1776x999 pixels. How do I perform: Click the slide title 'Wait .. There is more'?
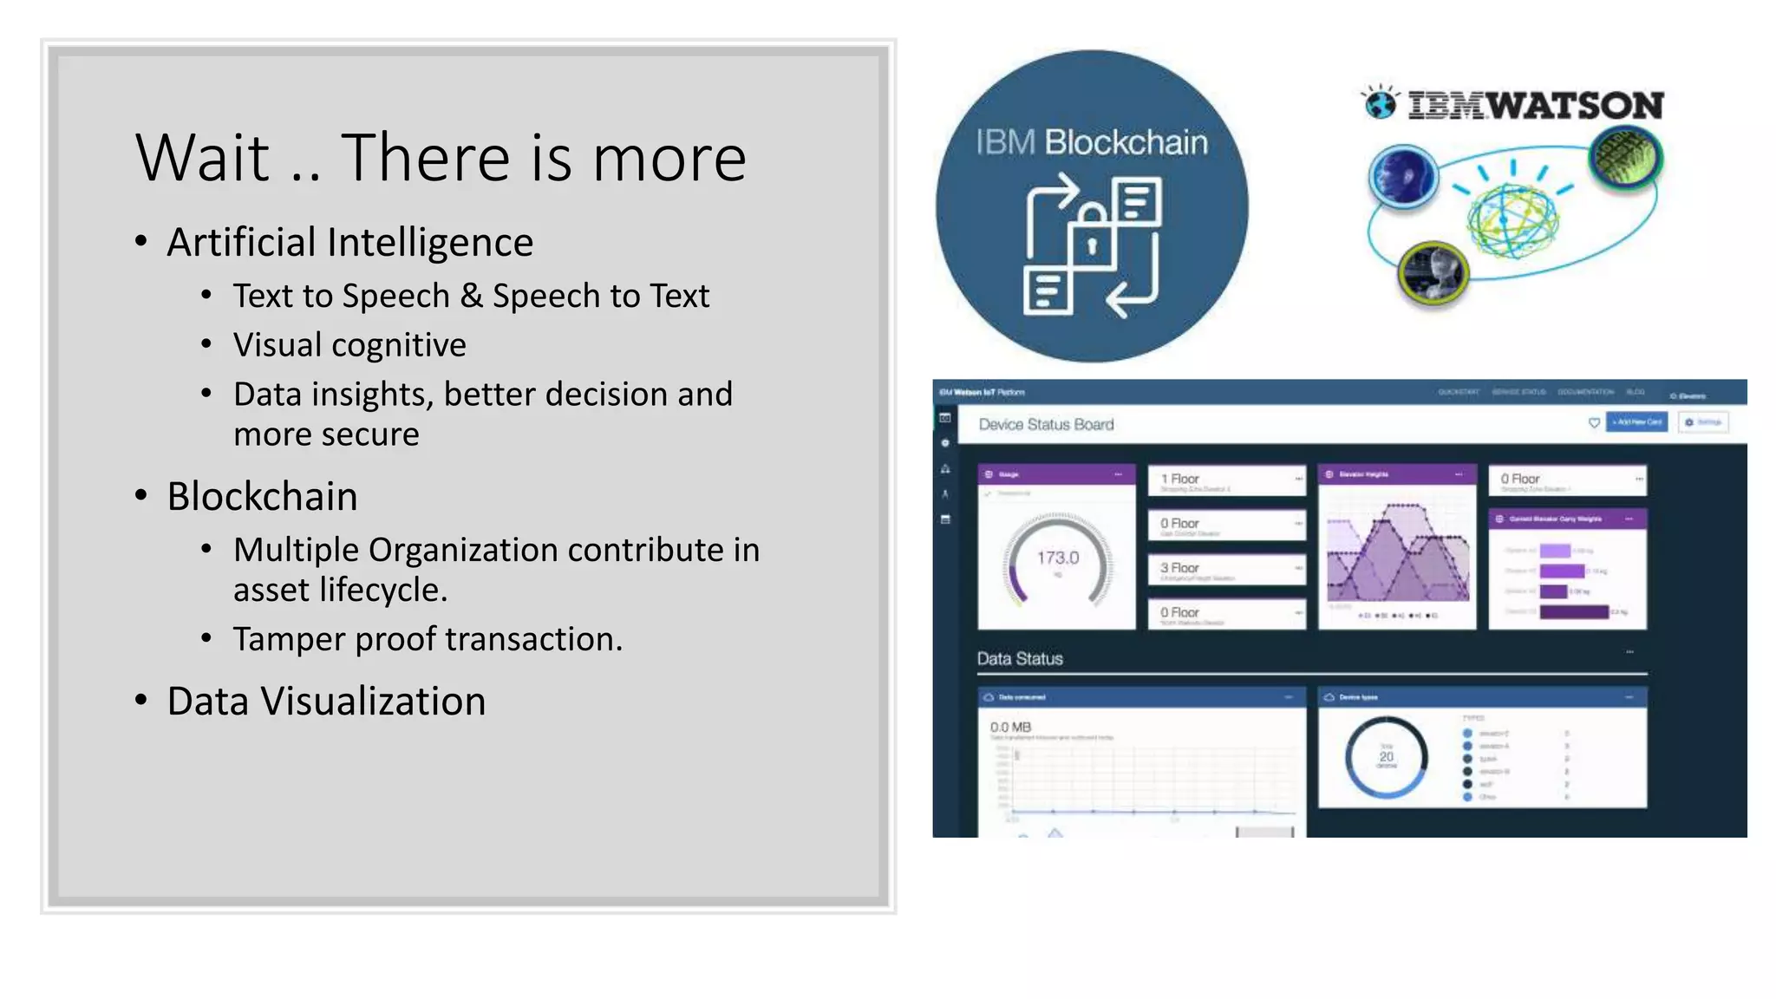[x=441, y=158]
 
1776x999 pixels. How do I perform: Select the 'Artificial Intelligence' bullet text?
[x=349, y=242]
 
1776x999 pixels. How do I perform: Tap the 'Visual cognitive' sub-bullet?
[x=349, y=345]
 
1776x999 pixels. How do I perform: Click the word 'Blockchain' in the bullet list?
[x=262, y=497]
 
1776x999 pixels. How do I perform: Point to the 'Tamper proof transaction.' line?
[x=428, y=639]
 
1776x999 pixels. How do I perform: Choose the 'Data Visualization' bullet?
[x=326, y=702]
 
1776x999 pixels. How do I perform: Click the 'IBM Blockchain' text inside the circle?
[x=1091, y=142]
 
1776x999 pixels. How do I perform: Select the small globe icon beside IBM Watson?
[x=1381, y=103]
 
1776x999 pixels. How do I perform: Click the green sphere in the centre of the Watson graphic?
[x=1512, y=220]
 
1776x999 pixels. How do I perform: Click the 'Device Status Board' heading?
[x=1046, y=424]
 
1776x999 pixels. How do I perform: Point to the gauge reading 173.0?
[x=1058, y=558]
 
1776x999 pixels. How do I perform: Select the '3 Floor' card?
[x=1226, y=569]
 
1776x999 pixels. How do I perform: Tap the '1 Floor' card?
[x=1226, y=480]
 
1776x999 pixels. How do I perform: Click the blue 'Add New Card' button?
[x=1636, y=422]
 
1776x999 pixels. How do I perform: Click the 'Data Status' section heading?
[x=1020, y=659]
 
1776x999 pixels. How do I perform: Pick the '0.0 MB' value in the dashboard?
[x=1010, y=727]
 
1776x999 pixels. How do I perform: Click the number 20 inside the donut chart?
[x=1386, y=756]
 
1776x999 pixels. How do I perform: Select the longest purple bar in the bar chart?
[x=1574, y=612]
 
